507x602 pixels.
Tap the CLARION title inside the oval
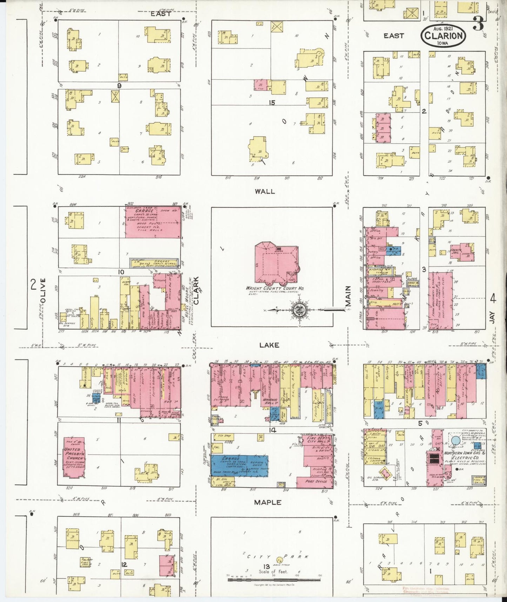click(444, 35)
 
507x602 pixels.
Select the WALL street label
click(265, 192)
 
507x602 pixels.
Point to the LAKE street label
click(269, 345)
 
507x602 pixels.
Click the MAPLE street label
click(268, 503)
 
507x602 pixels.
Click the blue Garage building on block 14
click(239, 465)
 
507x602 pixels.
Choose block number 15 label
click(272, 103)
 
